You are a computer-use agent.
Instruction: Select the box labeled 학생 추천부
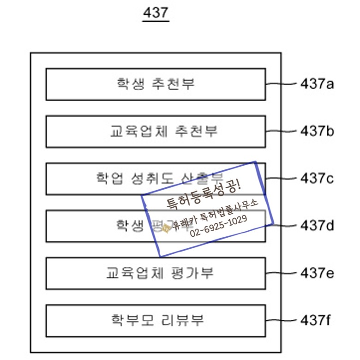156,84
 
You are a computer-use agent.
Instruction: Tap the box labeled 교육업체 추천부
156,132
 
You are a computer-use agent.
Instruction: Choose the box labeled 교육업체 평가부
156,273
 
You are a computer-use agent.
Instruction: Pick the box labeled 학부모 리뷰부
156,320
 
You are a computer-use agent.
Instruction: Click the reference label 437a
317,84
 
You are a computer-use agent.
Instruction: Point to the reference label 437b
317,132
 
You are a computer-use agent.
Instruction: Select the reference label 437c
317,178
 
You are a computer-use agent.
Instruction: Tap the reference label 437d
317,226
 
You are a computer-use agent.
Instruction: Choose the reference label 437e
317,273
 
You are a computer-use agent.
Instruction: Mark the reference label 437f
316,320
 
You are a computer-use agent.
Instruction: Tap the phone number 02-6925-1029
218,225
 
